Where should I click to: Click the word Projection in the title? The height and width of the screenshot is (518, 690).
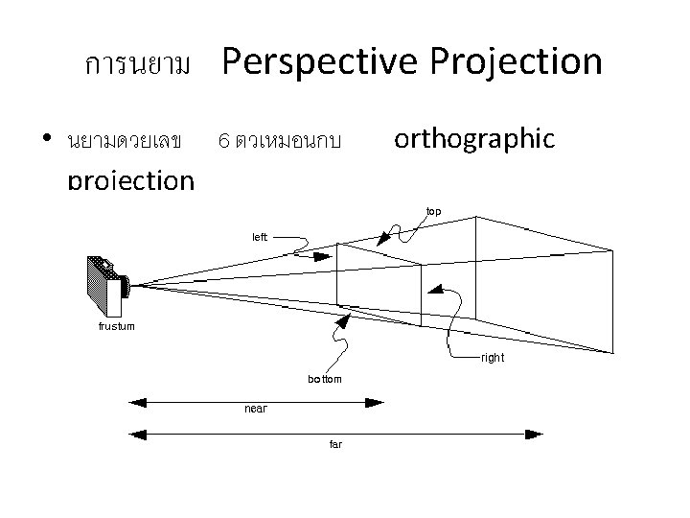(516, 63)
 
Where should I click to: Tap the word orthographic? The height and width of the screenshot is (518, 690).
(474, 139)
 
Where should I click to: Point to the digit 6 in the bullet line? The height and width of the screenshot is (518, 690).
(223, 142)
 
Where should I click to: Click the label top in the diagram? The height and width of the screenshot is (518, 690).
(433, 211)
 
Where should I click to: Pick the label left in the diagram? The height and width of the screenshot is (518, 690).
(260, 235)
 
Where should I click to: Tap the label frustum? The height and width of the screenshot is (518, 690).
(117, 326)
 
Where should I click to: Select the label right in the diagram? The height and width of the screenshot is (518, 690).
(493, 357)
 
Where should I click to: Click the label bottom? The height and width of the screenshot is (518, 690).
(324, 379)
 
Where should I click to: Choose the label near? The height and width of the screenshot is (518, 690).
(256, 409)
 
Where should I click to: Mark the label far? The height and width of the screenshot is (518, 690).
(335, 444)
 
